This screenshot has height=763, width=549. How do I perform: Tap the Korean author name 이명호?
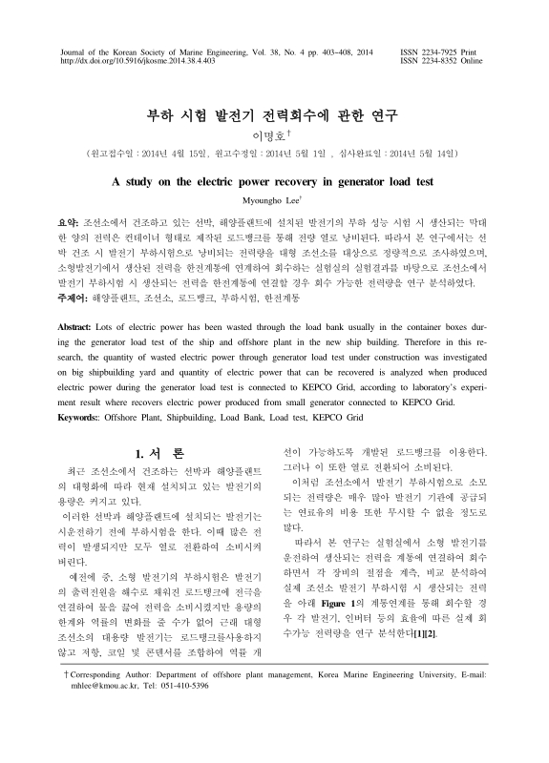(272, 136)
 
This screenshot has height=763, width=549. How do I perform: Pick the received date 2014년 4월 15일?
(177, 153)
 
